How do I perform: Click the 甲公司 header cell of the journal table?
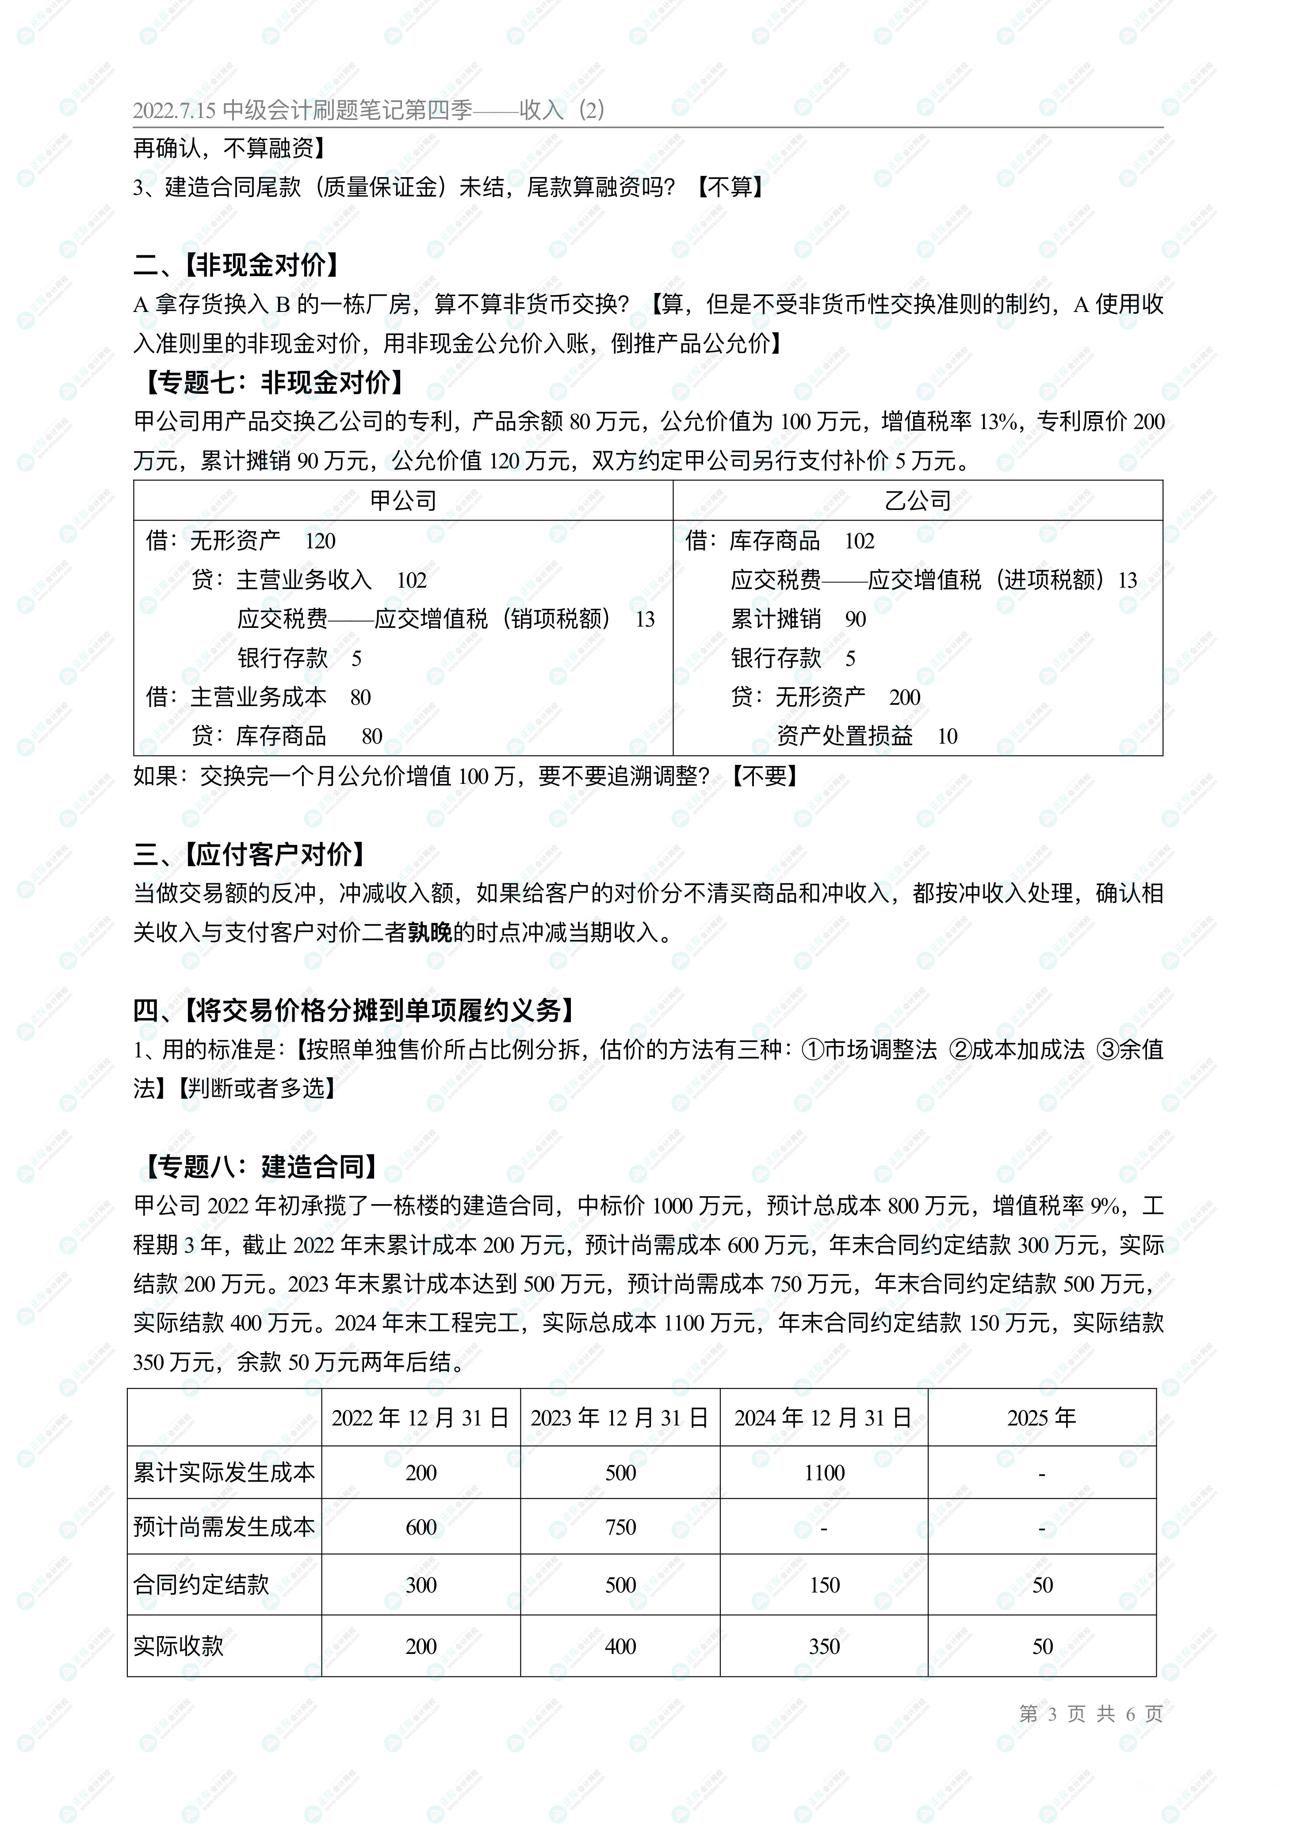(x=403, y=501)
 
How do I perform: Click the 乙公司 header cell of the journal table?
(x=918, y=501)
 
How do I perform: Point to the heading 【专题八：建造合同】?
(x=260, y=1167)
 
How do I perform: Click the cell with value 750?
(x=620, y=1527)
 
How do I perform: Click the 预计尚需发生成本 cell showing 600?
(x=421, y=1527)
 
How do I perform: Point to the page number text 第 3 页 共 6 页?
(x=1090, y=1714)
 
